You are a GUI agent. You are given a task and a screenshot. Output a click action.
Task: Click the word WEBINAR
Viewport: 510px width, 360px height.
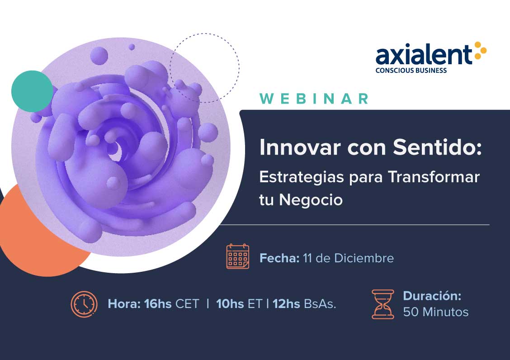[314, 99]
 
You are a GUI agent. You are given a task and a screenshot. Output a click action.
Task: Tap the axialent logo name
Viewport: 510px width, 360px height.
[424, 55]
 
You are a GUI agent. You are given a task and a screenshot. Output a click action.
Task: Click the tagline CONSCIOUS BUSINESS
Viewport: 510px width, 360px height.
[411, 70]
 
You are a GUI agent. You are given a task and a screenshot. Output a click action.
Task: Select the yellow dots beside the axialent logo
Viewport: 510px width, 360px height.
[480, 51]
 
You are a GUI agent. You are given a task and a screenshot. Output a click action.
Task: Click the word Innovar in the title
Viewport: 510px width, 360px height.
[300, 147]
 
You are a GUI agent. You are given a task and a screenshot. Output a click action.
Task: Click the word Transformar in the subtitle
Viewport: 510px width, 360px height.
[434, 177]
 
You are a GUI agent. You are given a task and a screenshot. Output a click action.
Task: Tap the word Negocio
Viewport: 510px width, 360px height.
[311, 200]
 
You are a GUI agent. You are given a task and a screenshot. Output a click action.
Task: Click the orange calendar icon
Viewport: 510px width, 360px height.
[238, 256]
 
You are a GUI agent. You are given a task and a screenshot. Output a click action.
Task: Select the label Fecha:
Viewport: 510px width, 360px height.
[279, 258]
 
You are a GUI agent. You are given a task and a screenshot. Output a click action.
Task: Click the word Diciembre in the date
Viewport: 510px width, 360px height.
[364, 258]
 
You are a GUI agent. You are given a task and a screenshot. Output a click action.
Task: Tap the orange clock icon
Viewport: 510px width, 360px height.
[84, 304]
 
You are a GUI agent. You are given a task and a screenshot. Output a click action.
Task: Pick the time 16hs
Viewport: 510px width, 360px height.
[158, 303]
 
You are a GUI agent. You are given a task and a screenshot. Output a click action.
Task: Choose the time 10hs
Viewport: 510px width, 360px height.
[230, 303]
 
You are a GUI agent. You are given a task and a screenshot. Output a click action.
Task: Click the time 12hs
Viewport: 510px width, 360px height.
[286, 303]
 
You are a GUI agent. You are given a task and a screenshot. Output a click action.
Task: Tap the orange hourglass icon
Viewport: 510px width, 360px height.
[383, 304]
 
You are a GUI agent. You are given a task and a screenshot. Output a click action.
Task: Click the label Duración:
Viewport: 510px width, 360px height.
[432, 295]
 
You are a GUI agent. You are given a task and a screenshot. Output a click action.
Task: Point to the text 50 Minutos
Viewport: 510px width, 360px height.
[436, 312]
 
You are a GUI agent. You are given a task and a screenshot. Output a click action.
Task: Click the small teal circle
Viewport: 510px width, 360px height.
[32, 91]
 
